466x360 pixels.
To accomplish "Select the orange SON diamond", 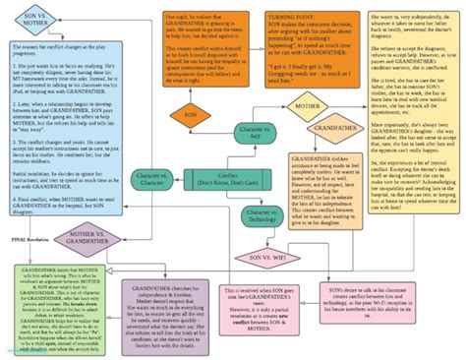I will click(190, 114).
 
